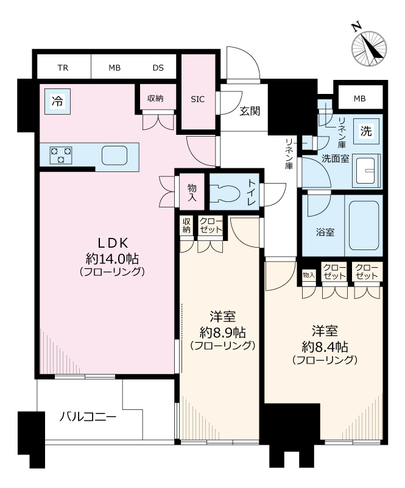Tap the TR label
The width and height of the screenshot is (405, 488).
(63, 67)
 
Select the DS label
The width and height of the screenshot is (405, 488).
(158, 67)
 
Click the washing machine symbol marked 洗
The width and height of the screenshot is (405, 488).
(366, 130)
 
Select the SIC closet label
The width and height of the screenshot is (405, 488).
(198, 99)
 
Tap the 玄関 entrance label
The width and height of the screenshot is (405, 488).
(250, 110)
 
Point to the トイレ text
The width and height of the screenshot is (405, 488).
(252, 192)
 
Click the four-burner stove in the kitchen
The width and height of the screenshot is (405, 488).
(60, 154)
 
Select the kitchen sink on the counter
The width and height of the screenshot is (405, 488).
(114, 156)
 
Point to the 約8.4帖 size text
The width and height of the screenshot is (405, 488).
(325, 346)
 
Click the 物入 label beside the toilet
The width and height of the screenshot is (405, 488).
(192, 193)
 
